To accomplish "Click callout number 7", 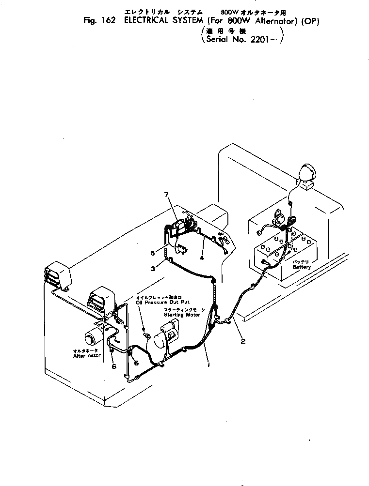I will pyautogui.click(x=166, y=195).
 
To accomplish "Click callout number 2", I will pyautogui.click(x=243, y=341).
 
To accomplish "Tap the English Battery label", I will pyautogui.click(x=301, y=267).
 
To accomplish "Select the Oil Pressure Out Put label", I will pyautogui.click(x=160, y=303).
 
